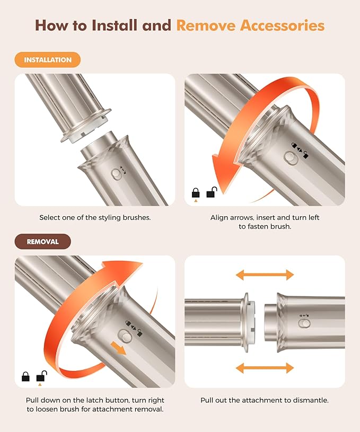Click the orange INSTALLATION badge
point(48,60)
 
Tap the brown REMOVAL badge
point(42,241)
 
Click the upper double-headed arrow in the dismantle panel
point(265,275)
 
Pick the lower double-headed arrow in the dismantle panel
point(265,368)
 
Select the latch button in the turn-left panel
point(289,157)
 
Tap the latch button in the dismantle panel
point(305,324)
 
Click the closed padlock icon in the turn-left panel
point(196,193)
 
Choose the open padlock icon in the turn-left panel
point(211,193)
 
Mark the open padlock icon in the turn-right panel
point(40,377)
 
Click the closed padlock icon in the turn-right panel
point(25,377)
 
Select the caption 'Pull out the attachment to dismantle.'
point(264,400)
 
